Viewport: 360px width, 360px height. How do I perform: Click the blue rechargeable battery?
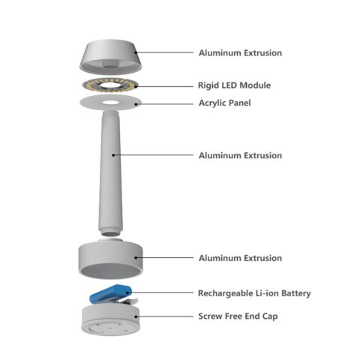click(110, 293)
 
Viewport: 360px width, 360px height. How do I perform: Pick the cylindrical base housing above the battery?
click(110, 259)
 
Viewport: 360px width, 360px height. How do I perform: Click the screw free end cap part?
click(110, 319)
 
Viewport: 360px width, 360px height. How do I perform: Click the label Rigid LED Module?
click(234, 85)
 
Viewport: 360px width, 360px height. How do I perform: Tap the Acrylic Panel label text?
click(224, 103)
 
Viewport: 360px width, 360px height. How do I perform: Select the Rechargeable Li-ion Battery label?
click(254, 293)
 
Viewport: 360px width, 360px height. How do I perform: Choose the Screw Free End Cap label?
click(238, 316)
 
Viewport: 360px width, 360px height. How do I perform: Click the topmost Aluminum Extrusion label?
click(240, 52)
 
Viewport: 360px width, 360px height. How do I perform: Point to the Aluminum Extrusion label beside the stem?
click(240, 155)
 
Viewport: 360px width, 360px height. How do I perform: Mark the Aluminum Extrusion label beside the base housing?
click(240, 258)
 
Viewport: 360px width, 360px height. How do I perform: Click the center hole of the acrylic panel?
click(110, 103)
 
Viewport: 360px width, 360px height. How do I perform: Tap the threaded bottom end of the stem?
click(110, 232)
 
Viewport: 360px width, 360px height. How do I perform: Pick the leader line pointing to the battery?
click(161, 292)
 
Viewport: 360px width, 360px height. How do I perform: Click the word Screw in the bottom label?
click(211, 316)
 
